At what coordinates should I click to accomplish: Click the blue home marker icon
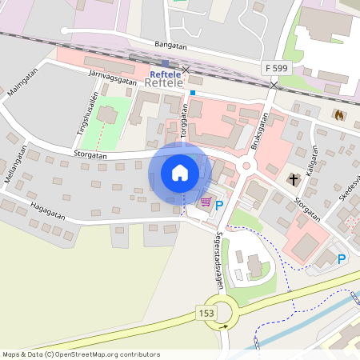click(x=180, y=172)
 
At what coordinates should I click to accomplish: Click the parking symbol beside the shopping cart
click(x=219, y=206)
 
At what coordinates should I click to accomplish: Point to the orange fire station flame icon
click(x=339, y=115)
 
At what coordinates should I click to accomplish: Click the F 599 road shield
click(x=274, y=69)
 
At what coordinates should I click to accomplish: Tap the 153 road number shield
click(x=206, y=314)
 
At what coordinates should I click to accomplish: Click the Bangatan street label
click(x=154, y=45)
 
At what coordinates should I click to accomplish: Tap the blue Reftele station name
click(x=166, y=74)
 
